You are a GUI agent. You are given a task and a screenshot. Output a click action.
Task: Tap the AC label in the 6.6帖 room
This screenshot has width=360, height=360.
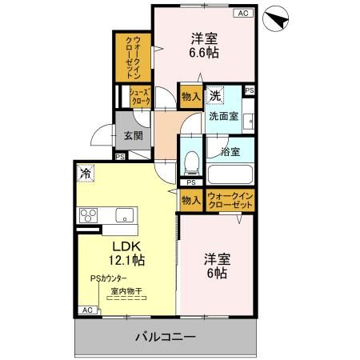pyautogui.click(x=242, y=14)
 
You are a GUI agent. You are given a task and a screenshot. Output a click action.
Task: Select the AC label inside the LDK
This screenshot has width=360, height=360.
pyautogui.click(x=87, y=310)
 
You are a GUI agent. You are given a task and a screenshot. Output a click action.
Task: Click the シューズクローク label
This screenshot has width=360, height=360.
pyautogui.click(x=141, y=97)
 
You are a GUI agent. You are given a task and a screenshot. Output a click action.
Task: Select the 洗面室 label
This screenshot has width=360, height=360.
pyautogui.click(x=223, y=116)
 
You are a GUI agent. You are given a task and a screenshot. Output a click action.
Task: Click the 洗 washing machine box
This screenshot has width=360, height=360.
pyautogui.click(x=214, y=97)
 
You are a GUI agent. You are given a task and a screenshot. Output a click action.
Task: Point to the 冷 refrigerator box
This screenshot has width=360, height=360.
pyautogui.click(x=85, y=172)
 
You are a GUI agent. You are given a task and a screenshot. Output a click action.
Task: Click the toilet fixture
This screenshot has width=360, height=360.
pyautogui.click(x=191, y=164)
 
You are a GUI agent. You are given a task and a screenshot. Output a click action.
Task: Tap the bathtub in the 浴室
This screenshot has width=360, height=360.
pyautogui.click(x=230, y=174)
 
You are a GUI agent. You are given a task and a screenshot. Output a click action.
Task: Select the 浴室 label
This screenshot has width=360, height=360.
pyautogui.click(x=231, y=151)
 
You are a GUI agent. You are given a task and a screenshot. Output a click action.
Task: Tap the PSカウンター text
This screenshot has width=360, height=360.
pyautogui.click(x=109, y=278)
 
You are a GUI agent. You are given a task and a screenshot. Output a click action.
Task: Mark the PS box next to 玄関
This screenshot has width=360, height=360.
pyautogui.click(x=120, y=157)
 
